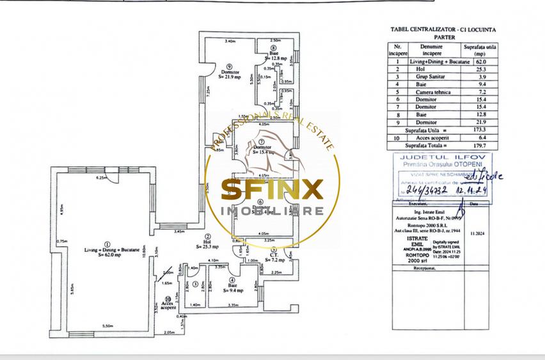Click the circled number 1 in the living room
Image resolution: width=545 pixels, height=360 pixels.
(x=107, y=244)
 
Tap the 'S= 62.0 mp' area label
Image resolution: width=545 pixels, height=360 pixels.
(x=107, y=255)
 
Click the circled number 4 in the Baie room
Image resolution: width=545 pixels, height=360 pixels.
(x=232, y=279)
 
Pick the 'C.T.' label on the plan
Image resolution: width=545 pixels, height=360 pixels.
(x=273, y=255)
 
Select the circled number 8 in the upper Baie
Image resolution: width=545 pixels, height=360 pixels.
(x=273, y=48)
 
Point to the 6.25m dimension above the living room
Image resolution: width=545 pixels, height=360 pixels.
(x=100, y=177)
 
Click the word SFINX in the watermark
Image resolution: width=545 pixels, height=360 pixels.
(x=272, y=189)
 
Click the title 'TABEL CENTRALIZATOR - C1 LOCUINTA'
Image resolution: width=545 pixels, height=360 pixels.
(x=438, y=29)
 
